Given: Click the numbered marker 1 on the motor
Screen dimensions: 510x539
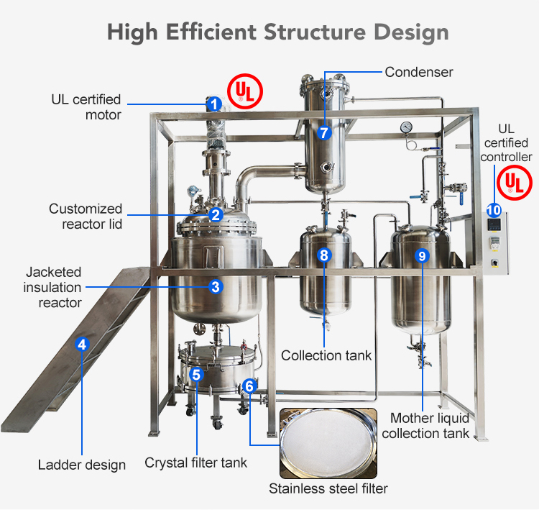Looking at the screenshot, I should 214,104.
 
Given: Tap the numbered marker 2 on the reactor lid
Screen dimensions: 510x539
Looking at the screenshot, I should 215,214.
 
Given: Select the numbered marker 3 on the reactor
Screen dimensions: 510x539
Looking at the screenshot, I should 215,286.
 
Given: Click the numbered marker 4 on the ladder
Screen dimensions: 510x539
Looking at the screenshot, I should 82,344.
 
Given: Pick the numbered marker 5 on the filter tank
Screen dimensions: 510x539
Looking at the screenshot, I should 196,374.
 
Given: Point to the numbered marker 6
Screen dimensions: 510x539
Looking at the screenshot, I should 249,386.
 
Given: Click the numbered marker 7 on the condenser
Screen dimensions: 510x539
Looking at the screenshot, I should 324,132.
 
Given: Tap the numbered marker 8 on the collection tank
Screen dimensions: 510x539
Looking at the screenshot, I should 324,255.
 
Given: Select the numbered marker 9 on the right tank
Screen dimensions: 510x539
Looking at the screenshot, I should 422,255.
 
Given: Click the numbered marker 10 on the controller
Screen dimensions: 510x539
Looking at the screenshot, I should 494,210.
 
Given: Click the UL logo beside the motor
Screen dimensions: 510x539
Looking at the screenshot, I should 245,91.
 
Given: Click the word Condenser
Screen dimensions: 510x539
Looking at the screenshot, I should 418,72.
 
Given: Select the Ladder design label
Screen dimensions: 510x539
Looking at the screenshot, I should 82,465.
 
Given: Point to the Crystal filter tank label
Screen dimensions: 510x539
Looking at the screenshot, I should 196,463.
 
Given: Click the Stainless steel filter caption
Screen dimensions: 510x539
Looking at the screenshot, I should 328,489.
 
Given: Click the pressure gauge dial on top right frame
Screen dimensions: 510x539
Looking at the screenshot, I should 407,126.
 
